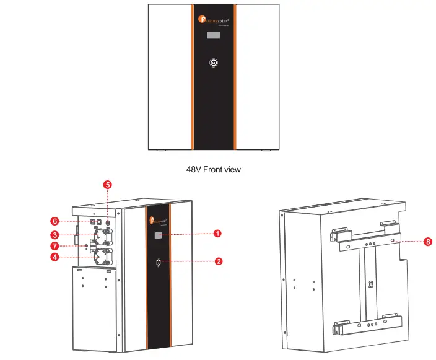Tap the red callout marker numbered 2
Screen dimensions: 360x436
[x=218, y=261]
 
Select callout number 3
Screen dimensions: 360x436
[x=54, y=235]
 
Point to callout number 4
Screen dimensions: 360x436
[x=54, y=257]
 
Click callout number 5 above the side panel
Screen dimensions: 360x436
[x=107, y=185]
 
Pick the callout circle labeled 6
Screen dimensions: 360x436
[x=54, y=221]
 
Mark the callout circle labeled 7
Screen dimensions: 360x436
[x=54, y=246]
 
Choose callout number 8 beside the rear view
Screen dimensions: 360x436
[x=428, y=242]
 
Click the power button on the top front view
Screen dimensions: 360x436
[x=213, y=63]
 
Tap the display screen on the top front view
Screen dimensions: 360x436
[x=213, y=37]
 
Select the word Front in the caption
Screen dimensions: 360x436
[x=214, y=169]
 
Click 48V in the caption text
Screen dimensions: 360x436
[x=194, y=169]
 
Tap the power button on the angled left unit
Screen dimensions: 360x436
[x=159, y=263]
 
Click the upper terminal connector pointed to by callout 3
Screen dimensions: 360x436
[x=101, y=237]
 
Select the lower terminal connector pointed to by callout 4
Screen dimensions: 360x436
[x=101, y=256]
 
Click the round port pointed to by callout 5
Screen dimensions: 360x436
[x=107, y=222]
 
